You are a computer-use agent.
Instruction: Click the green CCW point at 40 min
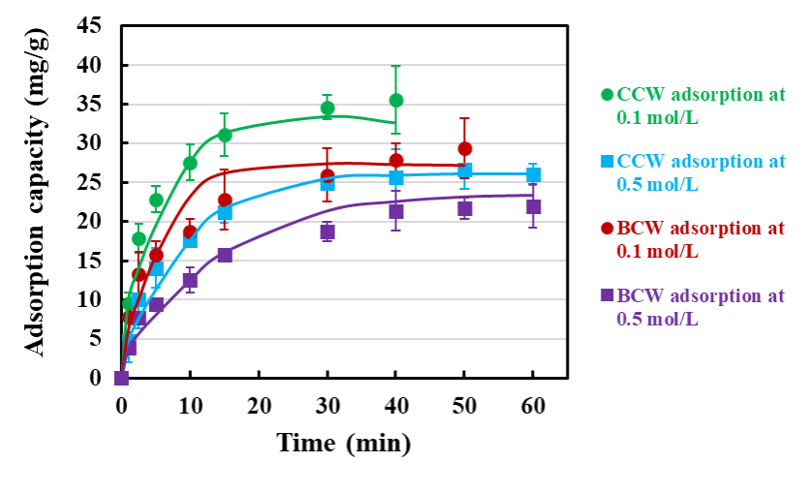[395, 100]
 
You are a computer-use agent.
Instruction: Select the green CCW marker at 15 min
[225, 135]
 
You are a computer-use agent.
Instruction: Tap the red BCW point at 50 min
[464, 149]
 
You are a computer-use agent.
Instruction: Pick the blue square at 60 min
[533, 174]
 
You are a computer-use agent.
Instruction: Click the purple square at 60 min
[533, 206]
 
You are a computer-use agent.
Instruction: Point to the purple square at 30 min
[327, 232]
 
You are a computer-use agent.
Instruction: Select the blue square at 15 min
[225, 212]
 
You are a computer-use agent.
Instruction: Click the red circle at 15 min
[225, 201]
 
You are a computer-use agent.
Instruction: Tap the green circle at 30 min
[327, 108]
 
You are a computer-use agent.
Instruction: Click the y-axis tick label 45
[89, 26]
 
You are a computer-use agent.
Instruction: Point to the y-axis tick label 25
[89, 182]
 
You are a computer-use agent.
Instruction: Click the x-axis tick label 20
[259, 404]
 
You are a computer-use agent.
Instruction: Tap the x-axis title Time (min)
[343, 443]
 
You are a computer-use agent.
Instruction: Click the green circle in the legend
[607, 94]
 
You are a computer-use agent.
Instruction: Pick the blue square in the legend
[607, 162]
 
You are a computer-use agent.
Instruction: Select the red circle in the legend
[607, 229]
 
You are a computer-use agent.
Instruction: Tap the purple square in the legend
[607, 295]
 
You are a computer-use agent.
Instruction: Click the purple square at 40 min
[395, 211]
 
